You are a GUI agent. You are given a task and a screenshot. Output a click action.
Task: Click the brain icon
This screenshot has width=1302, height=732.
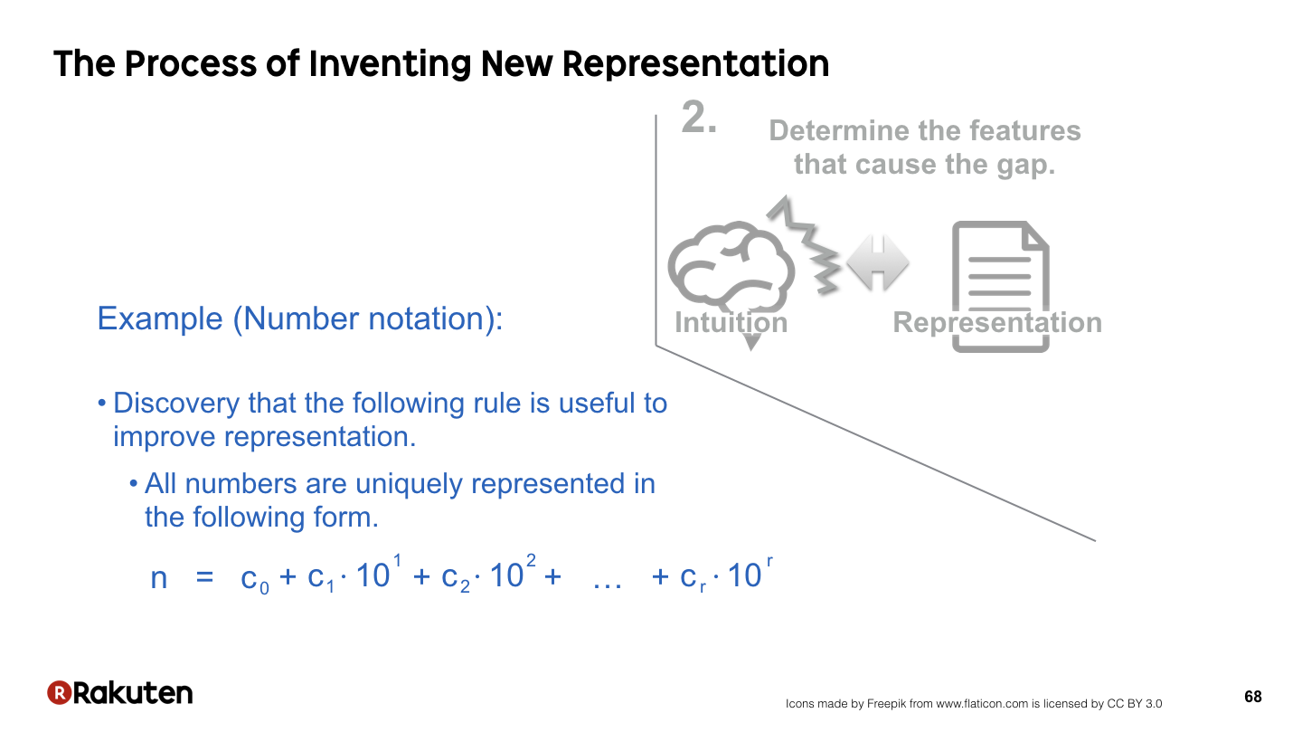coord(731,269)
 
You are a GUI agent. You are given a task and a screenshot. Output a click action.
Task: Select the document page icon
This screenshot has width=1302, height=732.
coord(1000,286)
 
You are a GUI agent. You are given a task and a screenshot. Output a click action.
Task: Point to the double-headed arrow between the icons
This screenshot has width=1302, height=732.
coord(878,262)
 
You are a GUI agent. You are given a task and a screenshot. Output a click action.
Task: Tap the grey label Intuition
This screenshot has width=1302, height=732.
coord(731,322)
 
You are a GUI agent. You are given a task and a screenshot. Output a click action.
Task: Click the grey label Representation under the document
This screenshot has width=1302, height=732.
coord(997,322)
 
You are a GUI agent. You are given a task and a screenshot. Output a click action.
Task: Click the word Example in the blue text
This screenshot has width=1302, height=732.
coord(160,318)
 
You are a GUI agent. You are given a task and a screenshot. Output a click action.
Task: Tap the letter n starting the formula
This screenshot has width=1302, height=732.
coord(159,578)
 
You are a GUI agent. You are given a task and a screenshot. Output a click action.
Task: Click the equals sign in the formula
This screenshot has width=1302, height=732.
coord(204,577)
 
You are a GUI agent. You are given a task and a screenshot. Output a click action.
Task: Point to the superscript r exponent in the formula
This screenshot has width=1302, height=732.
coord(769,562)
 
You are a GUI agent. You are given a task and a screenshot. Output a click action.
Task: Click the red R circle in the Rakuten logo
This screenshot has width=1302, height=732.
coord(60,692)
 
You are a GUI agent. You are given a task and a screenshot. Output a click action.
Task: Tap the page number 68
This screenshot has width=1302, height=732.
coord(1253,697)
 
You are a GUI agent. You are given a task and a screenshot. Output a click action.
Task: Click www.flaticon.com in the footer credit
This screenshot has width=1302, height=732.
coord(982,703)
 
